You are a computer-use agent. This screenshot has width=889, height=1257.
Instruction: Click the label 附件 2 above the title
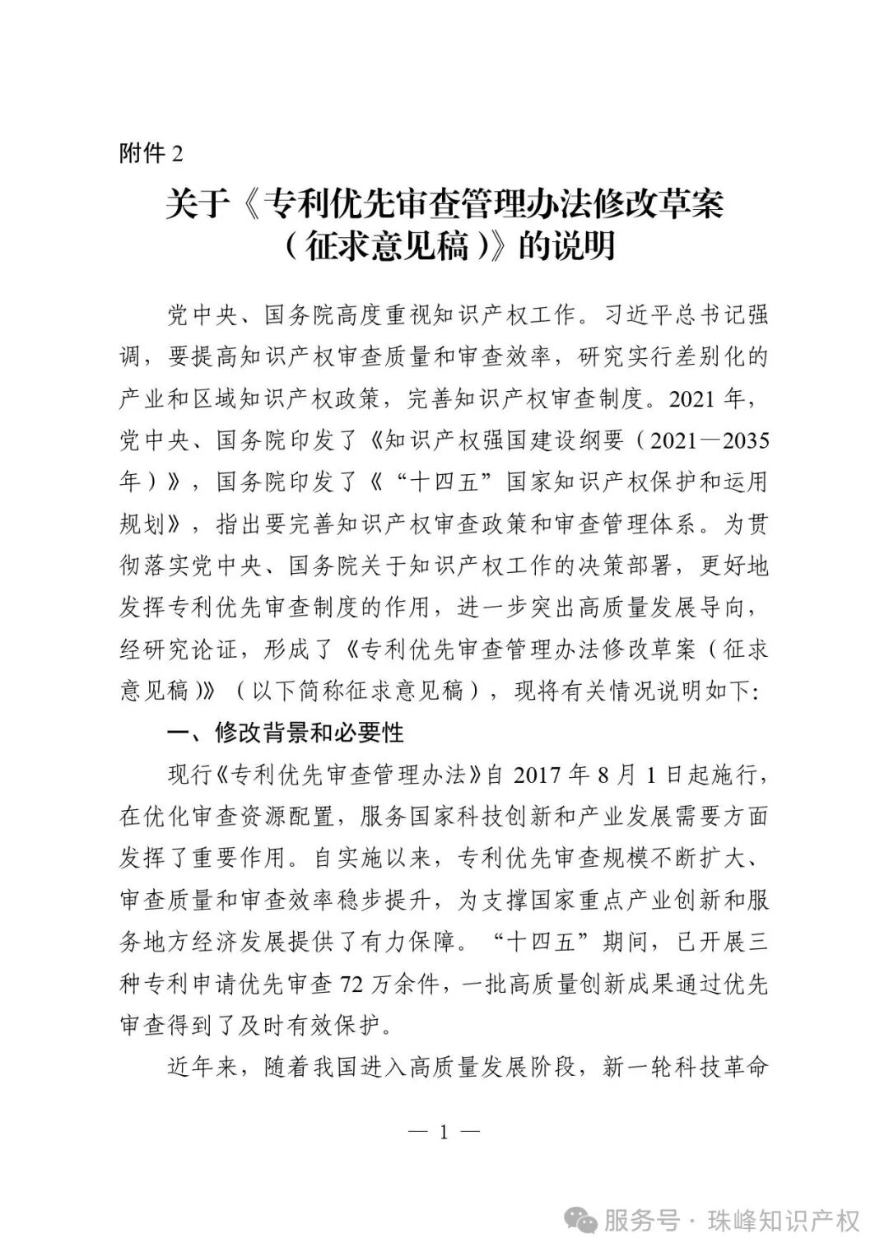[151, 154]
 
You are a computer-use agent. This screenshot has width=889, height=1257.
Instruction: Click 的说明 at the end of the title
[567, 247]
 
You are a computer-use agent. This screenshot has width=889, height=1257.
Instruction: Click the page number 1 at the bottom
[444, 1132]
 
